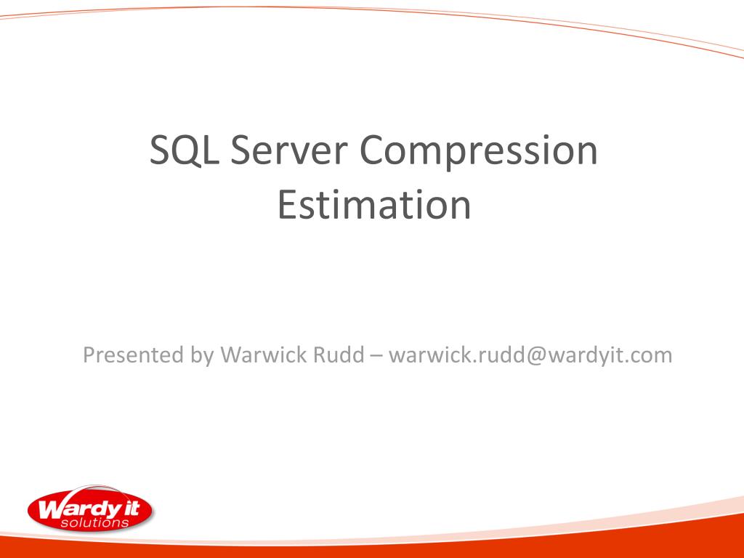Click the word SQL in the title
point(184,150)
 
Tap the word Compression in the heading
point(479,150)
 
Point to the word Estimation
point(373,206)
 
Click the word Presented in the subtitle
point(132,355)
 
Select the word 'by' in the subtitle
point(201,355)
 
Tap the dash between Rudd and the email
point(376,355)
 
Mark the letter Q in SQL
point(184,150)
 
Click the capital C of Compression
point(373,150)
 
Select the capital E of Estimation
point(286,206)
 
